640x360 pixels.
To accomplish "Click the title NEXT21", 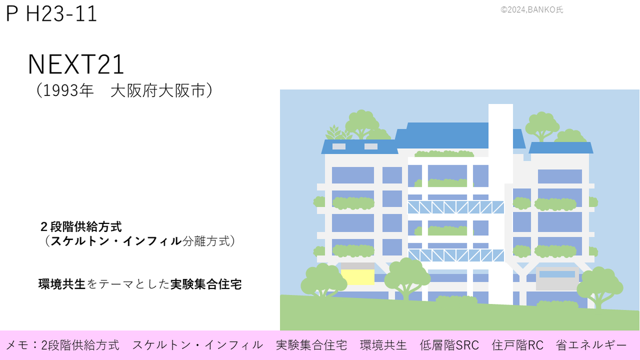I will click(x=76, y=65).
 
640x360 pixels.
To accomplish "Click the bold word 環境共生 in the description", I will click(x=62, y=284).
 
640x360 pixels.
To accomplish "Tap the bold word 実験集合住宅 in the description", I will click(x=206, y=284).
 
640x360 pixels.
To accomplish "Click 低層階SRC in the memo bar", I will click(x=449, y=345).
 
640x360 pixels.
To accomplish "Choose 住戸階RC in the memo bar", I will click(x=517, y=345).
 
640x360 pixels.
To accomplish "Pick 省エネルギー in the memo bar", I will click(x=591, y=345).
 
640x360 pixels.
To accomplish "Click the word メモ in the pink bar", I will click(x=17, y=345).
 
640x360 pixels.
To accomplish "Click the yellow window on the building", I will click(x=358, y=276).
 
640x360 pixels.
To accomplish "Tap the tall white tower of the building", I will click(x=500, y=203).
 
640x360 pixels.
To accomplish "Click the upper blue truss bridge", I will click(x=456, y=207).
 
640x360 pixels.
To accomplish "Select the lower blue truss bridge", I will click(x=456, y=255).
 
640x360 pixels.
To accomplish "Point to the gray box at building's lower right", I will click(x=557, y=278).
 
